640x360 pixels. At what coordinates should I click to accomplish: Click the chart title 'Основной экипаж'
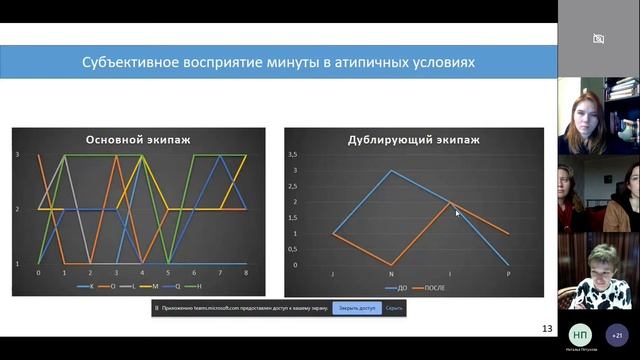pyautogui.click(x=139, y=139)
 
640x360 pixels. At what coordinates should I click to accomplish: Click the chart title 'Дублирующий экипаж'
pyautogui.click(x=413, y=139)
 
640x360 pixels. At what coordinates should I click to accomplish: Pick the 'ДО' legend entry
pyautogui.click(x=399, y=288)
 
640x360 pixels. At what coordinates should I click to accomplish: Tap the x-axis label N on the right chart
pyautogui.click(x=391, y=273)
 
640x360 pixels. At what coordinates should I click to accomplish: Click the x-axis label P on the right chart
pyautogui.click(x=509, y=273)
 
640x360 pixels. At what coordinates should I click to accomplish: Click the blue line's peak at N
pyautogui.click(x=391, y=171)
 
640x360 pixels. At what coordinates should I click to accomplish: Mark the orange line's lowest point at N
pyautogui.click(x=391, y=265)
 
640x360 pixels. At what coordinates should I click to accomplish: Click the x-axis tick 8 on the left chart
pyautogui.click(x=246, y=272)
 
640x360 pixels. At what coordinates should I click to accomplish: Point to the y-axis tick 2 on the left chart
pyautogui.click(x=17, y=209)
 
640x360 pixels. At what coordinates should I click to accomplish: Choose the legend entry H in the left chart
pyautogui.click(x=200, y=288)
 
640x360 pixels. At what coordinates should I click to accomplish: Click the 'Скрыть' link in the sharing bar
pyautogui.click(x=394, y=308)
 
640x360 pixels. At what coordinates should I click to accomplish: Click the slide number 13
pyautogui.click(x=546, y=328)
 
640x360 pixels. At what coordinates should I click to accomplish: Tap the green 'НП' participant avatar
pyautogui.click(x=580, y=334)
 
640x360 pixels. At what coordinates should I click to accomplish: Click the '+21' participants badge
pyautogui.click(x=617, y=334)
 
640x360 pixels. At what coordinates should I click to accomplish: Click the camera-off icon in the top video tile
pyautogui.click(x=598, y=39)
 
